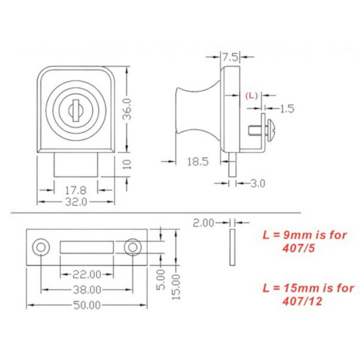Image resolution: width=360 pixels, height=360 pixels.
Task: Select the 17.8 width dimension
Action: click(x=76, y=190)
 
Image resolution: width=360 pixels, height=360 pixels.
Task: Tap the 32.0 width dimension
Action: click(x=76, y=202)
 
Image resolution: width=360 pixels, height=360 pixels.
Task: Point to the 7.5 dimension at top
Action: click(x=230, y=57)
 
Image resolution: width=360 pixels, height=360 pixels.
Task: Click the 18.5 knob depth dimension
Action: click(x=198, y=162)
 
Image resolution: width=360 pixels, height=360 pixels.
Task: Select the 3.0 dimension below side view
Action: click(x=257, y=183)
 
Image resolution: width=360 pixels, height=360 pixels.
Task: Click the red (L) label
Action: click(x=251, y=95)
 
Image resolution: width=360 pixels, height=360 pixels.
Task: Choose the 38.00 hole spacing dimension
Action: click(x=86, y=290)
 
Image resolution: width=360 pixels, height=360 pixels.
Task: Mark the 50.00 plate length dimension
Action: click(x=86, y=305)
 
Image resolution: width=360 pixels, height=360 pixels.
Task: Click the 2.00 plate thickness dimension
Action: click(x=204, y=223)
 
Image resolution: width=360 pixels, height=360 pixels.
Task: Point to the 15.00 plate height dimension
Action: click(x=176, y=287)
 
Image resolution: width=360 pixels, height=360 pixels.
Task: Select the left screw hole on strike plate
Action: click(x=41, y=247)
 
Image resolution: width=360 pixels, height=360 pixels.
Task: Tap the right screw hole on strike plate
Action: click(x=133, y=247)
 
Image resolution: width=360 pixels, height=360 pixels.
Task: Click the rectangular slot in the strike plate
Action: click(x=86, y=247)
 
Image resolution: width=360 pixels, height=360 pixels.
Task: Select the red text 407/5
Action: click(x=298, y=249)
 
